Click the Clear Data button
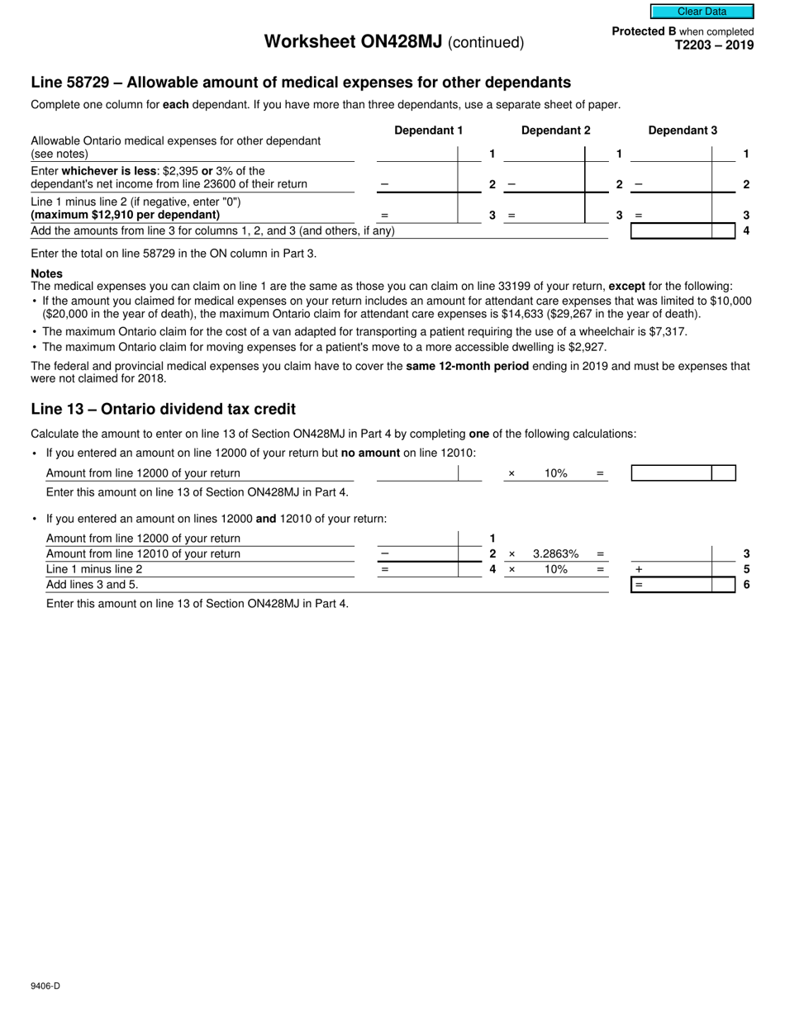(702, 12)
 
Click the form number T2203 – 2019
(714, 45)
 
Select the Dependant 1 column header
(428, 131)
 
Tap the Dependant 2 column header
(555, 131)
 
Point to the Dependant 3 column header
(683, 131)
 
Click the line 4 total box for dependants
(671, 231)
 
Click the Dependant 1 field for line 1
(416, 154)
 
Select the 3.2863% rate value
(555, 554)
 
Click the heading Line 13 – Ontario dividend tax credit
(163, 409)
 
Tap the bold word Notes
(46, 273)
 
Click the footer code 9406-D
(45, 985)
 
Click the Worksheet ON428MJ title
(353, 42)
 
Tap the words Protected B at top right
(643, 31)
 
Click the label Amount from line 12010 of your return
(143, 554)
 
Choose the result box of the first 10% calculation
(671, 473)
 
